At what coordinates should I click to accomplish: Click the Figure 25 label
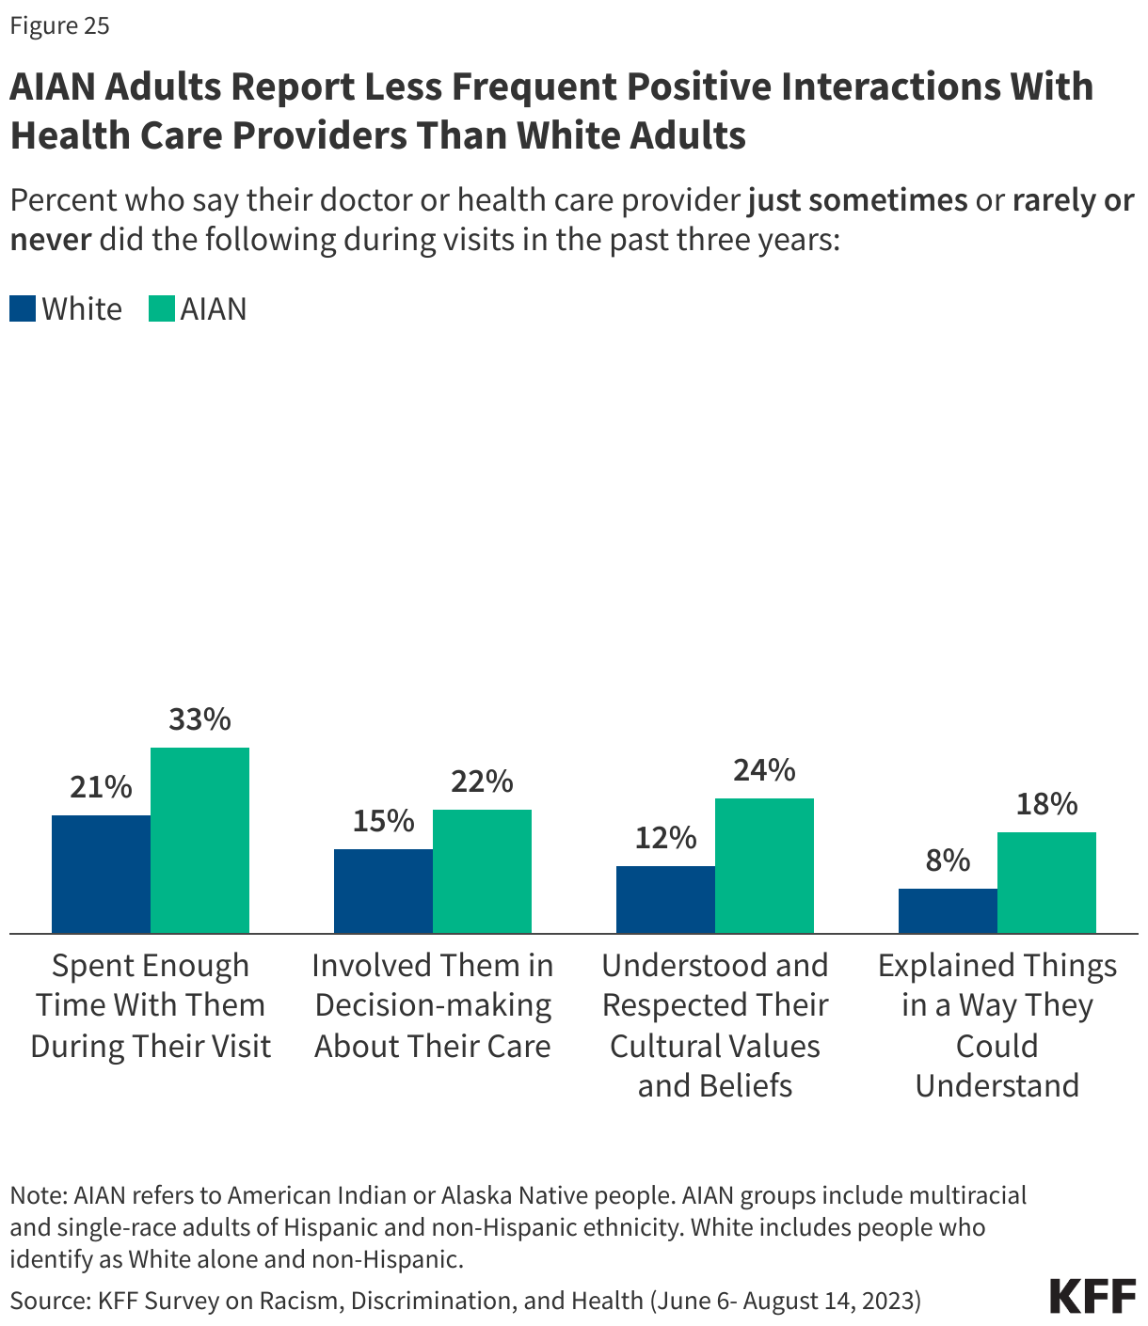[x=59, y=25]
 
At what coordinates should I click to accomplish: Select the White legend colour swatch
[x=23, y=309]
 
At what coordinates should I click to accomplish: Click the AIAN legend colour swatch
[x=162, y=309]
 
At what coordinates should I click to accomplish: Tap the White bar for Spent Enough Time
[x=101, y=874]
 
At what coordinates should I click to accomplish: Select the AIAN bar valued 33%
[x=199, y=840]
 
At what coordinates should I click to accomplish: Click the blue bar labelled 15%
[x=383, y=891]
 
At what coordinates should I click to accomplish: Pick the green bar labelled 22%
[x=482, y=871]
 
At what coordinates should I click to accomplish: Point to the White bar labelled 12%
[x=665, y=899]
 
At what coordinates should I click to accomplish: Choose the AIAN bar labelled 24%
[x=764, y=865]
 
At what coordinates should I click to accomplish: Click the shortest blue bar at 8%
[x=948, y=910]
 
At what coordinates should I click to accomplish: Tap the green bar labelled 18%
[x=1046, y=882]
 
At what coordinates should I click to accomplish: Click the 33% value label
[x=199, y=719]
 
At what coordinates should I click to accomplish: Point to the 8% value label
[x=948, y=860]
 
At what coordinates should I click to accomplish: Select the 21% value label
[x=101, y=787]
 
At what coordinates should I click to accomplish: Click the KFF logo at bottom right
[x=1092, y=1296]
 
